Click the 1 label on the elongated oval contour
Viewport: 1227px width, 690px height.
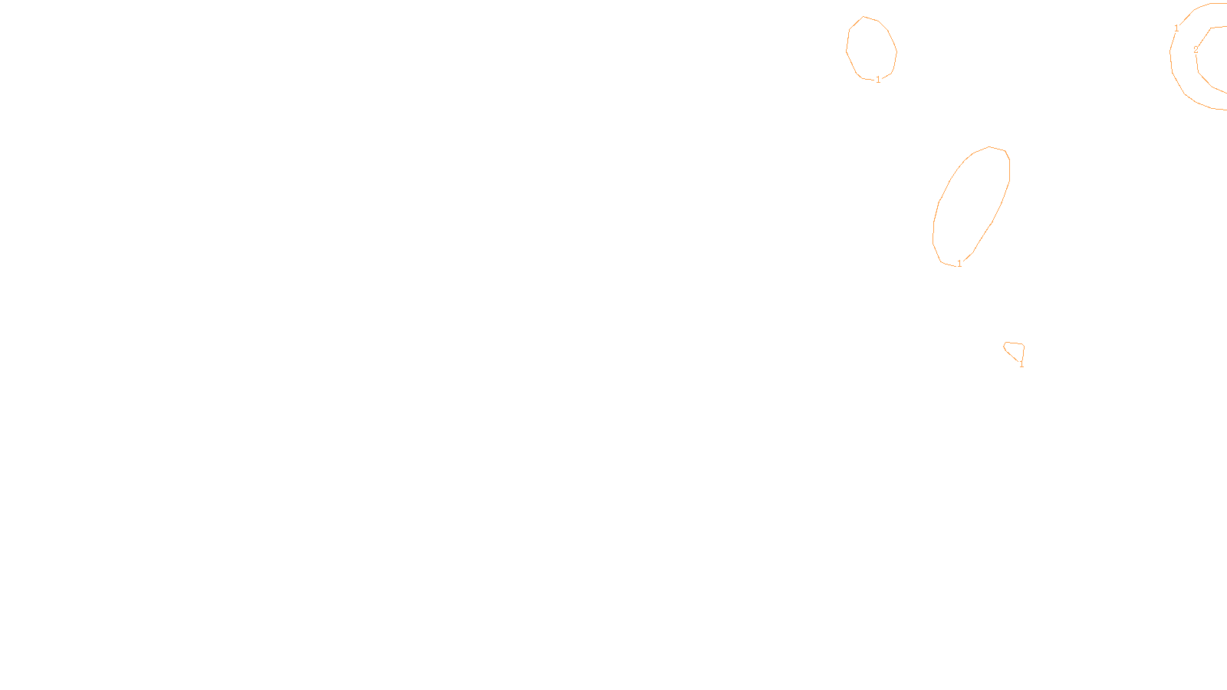(959, 264)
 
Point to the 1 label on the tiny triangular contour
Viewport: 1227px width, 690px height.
(1021, 364)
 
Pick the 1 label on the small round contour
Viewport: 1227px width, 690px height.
(878, 80)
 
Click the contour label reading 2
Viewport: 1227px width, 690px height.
(1196, 50)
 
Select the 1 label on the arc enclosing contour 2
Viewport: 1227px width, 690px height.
(1177, 28)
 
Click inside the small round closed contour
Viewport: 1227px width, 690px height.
(871, 48)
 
